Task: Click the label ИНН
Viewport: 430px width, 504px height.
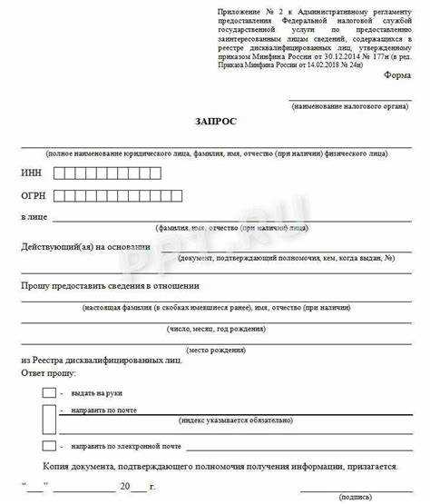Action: click(31, 173)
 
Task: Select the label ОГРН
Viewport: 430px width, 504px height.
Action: click(33, 195)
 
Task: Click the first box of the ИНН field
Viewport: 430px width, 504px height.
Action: click(60, 173)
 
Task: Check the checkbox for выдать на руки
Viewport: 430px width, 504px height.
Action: click(48, 392)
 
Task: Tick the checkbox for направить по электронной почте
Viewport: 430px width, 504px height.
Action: click(48, 446)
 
